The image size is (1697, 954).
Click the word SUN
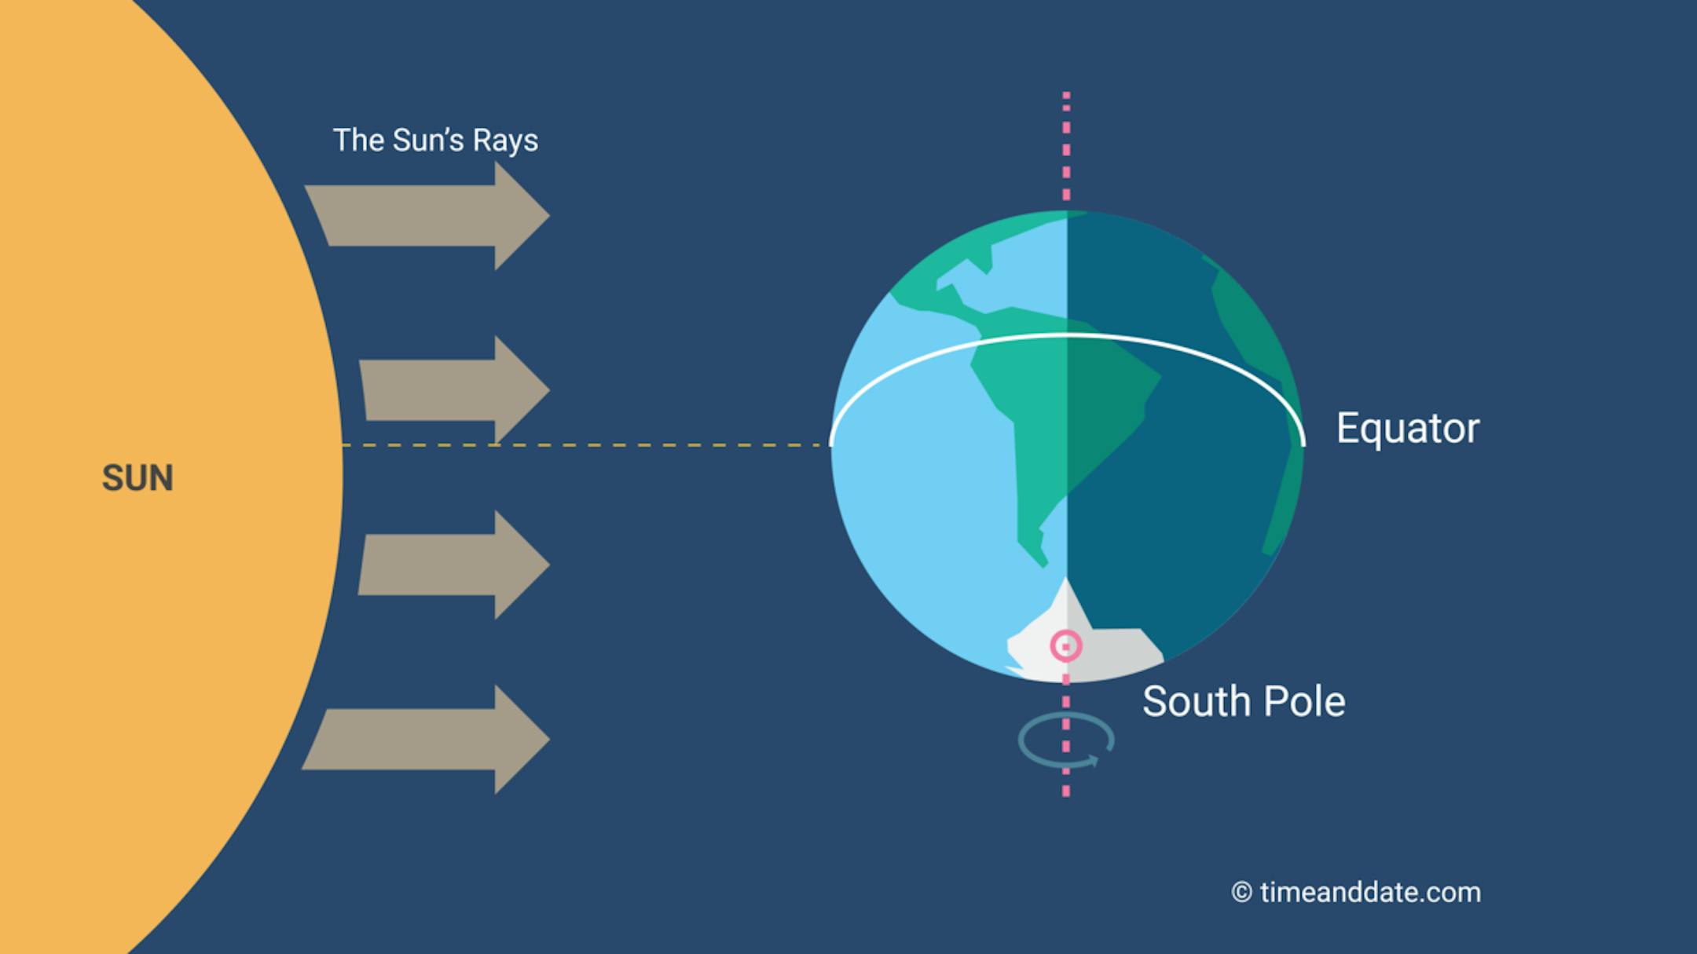(137, 477)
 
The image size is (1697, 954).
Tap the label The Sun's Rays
(435, 140)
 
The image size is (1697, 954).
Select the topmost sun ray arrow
(427, 216)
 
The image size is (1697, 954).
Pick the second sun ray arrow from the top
(455, 389)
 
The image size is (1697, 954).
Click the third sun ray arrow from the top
(454, 565)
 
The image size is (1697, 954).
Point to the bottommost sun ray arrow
(426, 739)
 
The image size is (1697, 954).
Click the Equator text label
(1408, 429)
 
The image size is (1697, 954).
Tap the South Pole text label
(1244, 701)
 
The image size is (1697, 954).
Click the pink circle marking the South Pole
(1066, 646)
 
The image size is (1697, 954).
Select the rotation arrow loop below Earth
(1066, 740)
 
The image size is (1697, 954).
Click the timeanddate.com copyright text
(1356, 892)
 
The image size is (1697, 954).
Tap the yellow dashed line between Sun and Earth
(587, 445)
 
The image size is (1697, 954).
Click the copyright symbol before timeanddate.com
(1242, 893)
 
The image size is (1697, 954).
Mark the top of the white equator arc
(1067, 336)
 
